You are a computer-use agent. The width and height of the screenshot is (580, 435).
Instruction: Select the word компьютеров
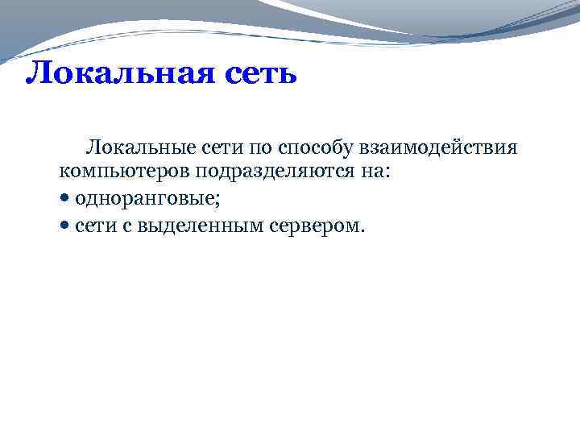tap(118, 172)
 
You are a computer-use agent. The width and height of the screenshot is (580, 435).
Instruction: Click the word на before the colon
tap(365, 172)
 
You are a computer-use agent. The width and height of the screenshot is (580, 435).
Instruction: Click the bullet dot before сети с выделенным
tap(64, 227)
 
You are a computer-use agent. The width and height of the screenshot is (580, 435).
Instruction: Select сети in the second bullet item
tap(93, 227)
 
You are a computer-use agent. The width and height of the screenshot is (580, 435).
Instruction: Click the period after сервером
tap(363, 232)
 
